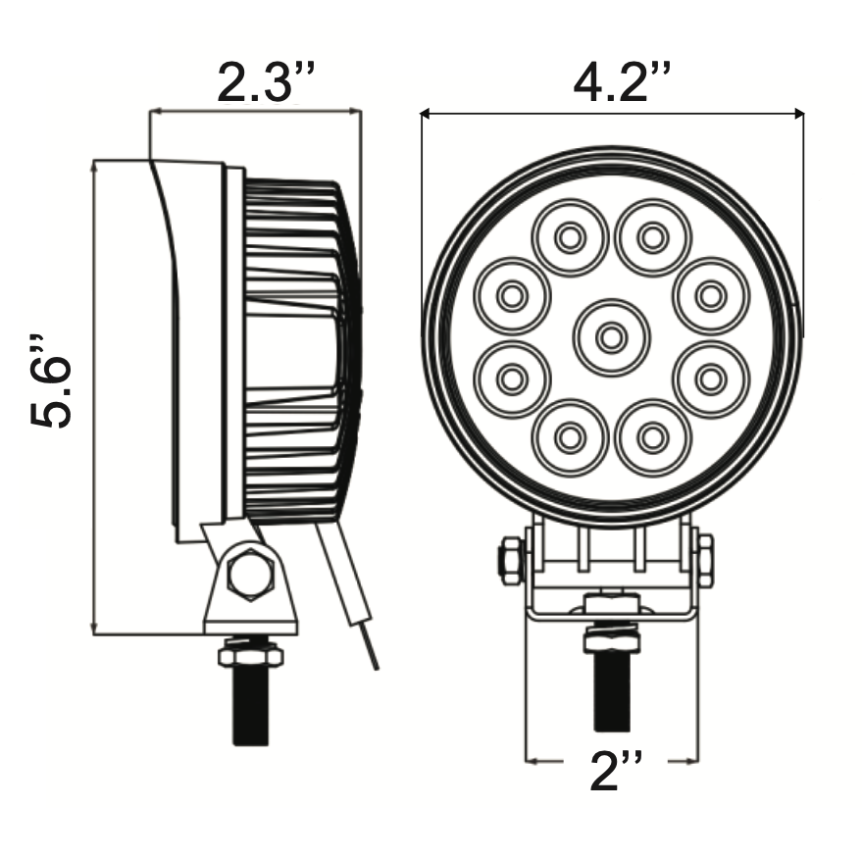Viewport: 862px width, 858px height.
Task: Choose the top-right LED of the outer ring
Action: pos(653,236)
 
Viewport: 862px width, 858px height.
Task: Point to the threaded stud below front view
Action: pos(612,691)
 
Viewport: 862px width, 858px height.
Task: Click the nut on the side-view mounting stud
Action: pos(250,652)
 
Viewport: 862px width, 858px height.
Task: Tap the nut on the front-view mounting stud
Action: pos(612,640)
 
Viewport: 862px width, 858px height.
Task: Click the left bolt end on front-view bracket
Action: pos(511,562)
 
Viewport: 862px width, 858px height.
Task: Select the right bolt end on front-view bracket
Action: pos(704,561)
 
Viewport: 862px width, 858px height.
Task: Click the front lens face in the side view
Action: pos(196,343)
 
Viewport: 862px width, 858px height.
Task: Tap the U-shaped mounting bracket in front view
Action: pos(611,588)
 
